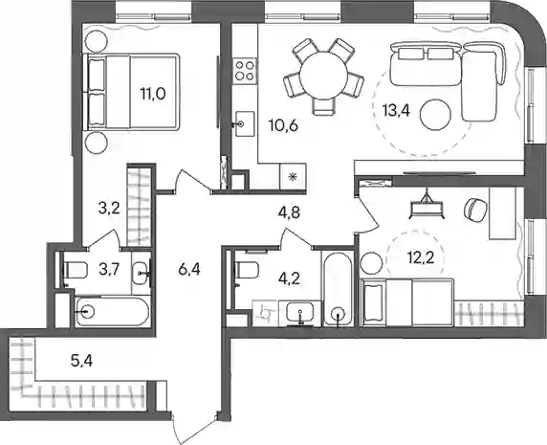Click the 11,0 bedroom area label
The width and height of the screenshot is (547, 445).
click(153, 94)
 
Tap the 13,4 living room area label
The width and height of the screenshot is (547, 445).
click(396, 111)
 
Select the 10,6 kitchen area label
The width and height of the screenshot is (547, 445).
click(283, 125)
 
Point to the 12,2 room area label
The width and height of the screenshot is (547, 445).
click(421, 258)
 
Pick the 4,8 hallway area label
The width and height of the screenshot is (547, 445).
click(289, 212)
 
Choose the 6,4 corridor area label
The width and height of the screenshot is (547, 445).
click(188, 269)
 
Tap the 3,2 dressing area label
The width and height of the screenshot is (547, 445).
click(108, 209)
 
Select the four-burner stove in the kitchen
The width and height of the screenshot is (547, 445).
click(244, 70)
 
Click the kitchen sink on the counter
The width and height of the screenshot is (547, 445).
click(245, 123)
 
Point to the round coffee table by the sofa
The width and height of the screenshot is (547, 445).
click(436, 115)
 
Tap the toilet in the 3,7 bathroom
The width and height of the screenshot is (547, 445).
click(75, 270)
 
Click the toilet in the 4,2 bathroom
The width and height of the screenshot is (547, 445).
click(247, 270)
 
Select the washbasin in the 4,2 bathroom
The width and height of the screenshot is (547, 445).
click(300, 312)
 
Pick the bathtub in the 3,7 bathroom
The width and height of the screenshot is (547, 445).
click(112, 311)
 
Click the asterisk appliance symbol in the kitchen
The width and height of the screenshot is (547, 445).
click(293, 177)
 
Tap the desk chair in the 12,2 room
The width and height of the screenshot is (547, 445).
click(474, 210)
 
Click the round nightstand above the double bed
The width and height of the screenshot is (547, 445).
click(97, 41)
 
